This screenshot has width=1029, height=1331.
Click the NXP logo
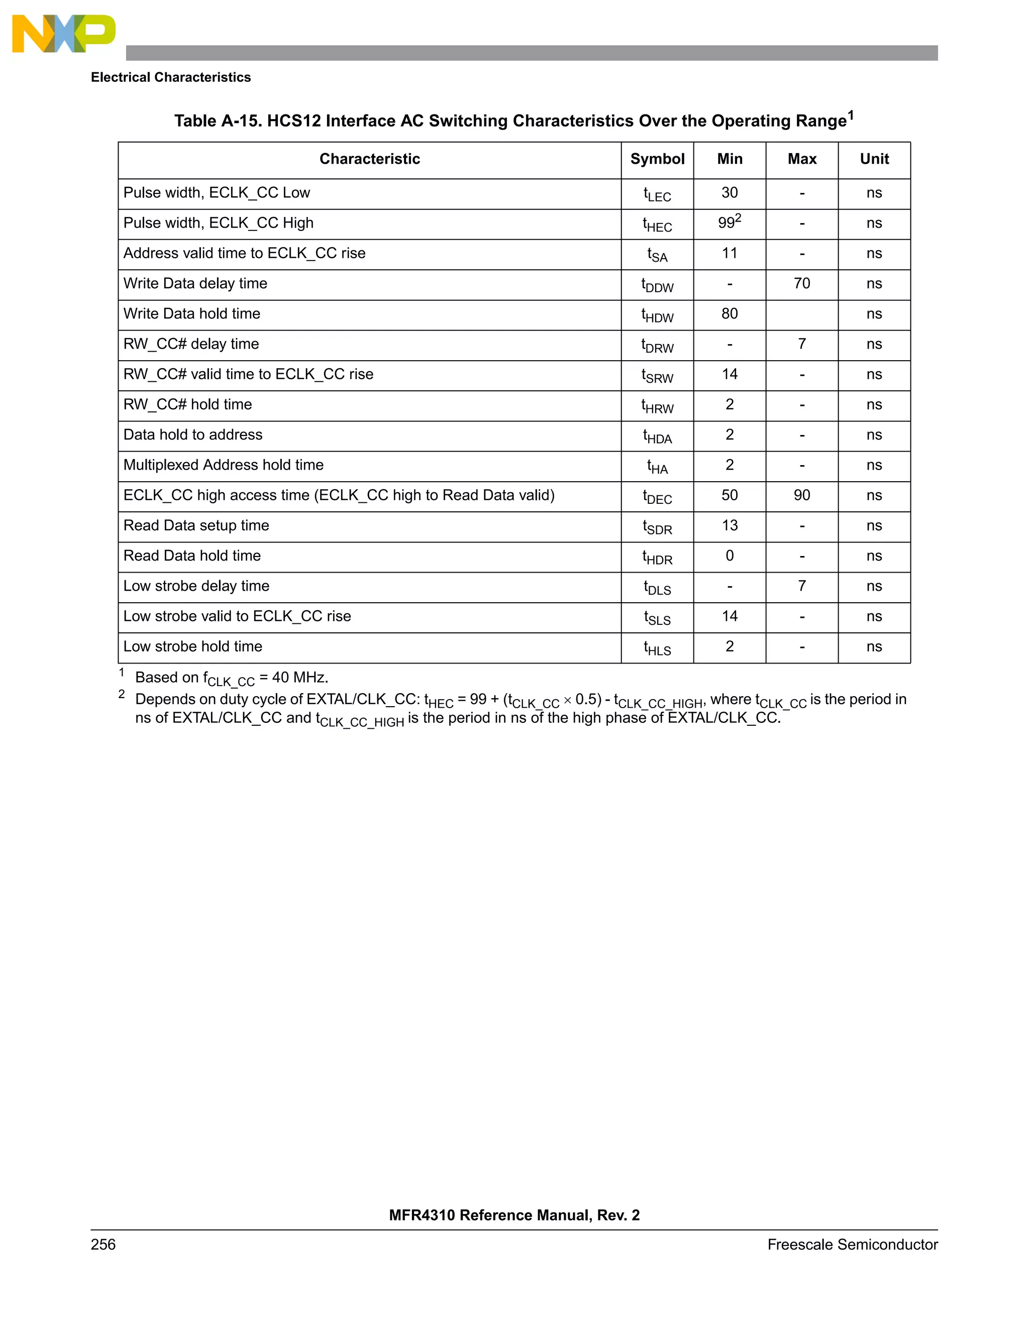click(63, 34)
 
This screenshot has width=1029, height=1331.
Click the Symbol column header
click(657, 159)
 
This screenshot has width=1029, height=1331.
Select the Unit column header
click(874, 159)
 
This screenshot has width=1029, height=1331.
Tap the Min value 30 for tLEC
click(730, 193)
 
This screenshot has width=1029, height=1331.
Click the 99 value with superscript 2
click(729, 223)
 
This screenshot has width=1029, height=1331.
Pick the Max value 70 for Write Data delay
click(801, 283)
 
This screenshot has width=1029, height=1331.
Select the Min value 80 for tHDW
click(730, 314)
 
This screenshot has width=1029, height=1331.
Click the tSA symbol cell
click(657, 255)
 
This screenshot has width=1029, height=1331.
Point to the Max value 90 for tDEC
click(801, 495)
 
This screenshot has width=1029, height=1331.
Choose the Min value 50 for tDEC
click(730, 495)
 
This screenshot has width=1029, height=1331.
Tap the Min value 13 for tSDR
click(730, 525)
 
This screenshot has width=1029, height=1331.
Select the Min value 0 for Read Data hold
click(730, 556)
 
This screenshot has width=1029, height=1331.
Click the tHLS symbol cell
click(657, 648)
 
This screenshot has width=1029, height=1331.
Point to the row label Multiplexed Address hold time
click(223, 465)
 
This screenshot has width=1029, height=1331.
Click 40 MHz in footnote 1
click(300, 678)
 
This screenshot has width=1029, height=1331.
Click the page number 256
click(103, 1245)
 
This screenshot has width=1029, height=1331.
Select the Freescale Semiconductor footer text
click(852, 1245)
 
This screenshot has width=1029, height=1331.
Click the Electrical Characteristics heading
click(171, 77)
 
